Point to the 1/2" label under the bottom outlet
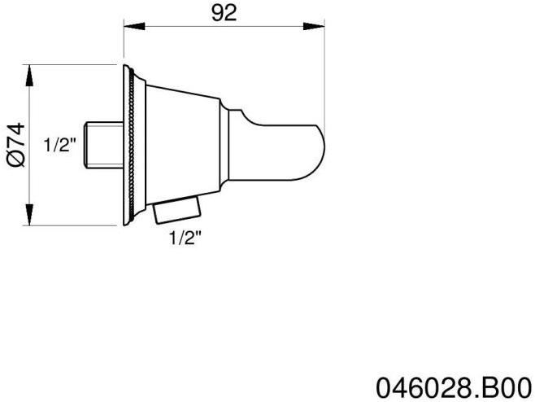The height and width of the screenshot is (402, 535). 185,238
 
